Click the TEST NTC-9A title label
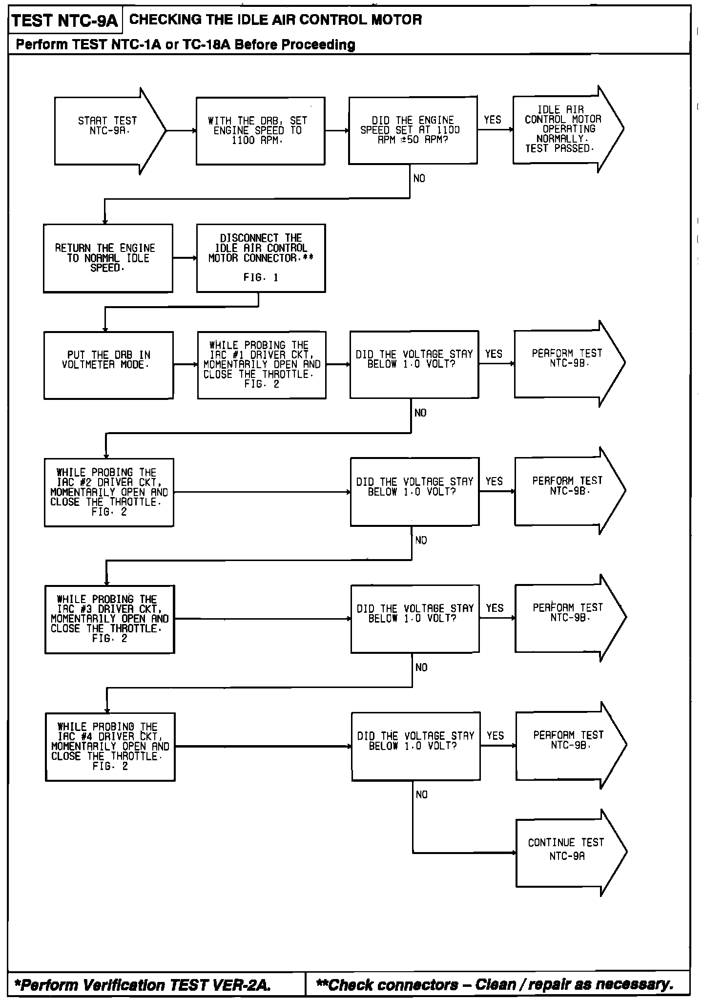click(x=65, y=21)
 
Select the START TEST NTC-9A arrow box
click(x=107, y=130)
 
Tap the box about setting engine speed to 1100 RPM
click(x=260, y=130)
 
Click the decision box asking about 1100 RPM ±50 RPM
click(x=413, y=130)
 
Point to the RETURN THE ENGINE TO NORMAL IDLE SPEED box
click(x=108, y=258)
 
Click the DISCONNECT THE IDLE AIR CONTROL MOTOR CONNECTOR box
click(x=261, y=258)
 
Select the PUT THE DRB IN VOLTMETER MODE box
click(x=108, y=365)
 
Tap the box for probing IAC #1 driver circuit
click(x=262, y=365)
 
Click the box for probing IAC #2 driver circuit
click(x=109, y=492)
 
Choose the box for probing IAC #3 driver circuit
click(x=109, y=619)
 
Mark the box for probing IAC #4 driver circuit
click(x=110, y=747)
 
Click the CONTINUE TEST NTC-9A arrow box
click(x=566, y=853)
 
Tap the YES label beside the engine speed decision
click(x=493, y=120)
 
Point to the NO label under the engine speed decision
click(x=419, y=179)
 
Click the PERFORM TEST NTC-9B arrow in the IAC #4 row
click(x=568, y=745)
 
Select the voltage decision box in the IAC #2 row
click(x=414, y=492)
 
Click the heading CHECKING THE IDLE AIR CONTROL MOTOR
click(x=275, y=20)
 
